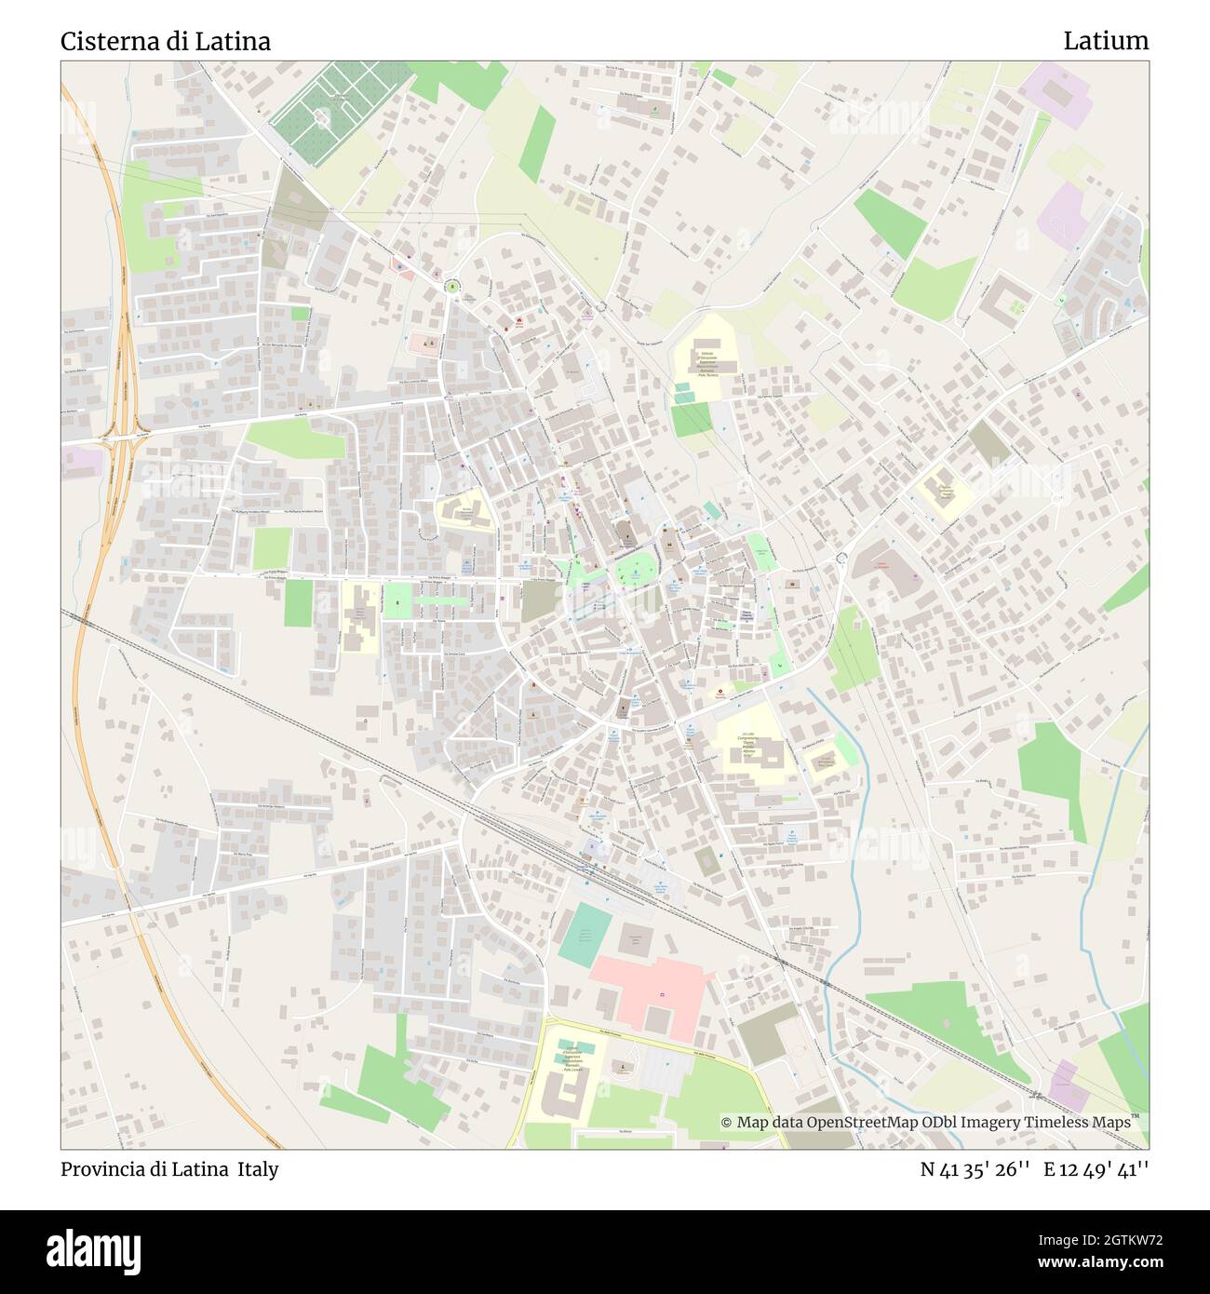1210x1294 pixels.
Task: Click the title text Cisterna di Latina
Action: click(166, 42)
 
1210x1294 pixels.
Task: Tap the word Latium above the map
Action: click(1106, 41)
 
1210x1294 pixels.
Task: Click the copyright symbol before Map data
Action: click(727, 1123)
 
